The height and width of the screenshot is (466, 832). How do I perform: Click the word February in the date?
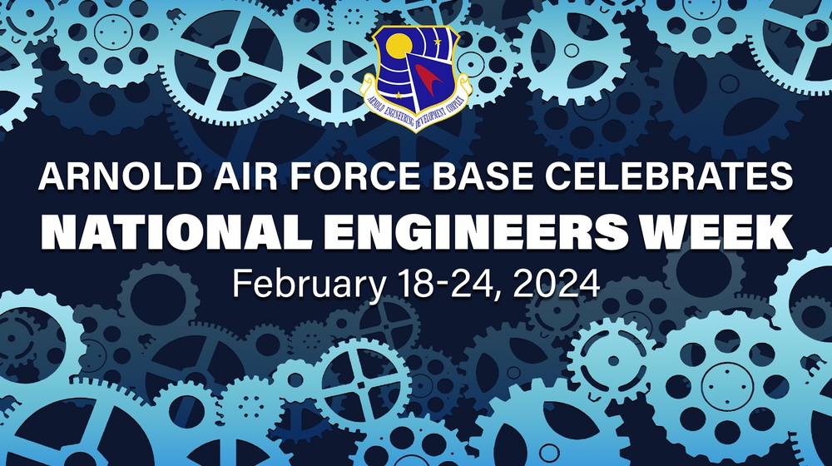304,284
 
